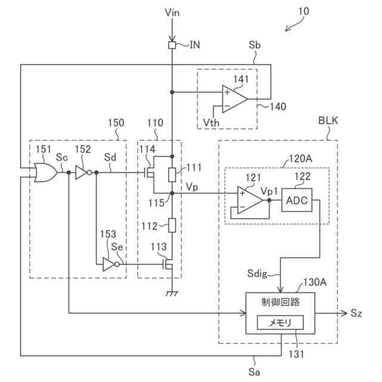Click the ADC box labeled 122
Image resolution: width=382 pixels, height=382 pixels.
point(297,200)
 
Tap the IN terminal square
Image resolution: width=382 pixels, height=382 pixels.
point(172,45)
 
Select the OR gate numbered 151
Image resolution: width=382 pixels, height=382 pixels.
point(46,172)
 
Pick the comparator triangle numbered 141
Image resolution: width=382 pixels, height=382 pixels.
point(235,99)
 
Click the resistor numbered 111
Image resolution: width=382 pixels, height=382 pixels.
point(172,175)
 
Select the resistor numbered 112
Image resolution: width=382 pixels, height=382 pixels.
point(172,226)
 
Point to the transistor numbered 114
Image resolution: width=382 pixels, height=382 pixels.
point(150,172)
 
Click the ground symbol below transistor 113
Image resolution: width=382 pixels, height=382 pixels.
point(172,293)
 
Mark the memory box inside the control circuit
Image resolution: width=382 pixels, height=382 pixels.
point(281,322)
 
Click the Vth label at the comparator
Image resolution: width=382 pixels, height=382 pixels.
point(211,122)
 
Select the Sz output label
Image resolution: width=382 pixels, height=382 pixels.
point(356,313)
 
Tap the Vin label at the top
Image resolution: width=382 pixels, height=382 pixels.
point(172,13)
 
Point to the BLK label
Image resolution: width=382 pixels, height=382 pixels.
point(328,121)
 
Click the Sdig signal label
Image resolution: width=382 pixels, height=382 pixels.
point(257,273)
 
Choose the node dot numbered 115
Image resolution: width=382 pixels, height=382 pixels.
point(172,193)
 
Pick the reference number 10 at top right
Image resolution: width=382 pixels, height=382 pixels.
point(304,11)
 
